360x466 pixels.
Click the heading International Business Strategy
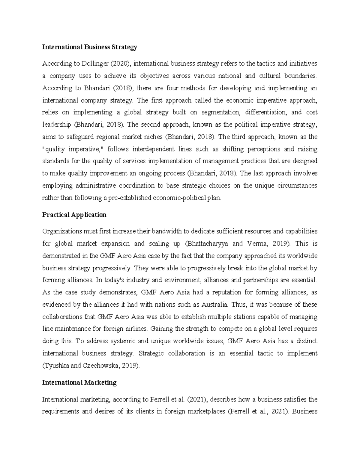tap(89, 47)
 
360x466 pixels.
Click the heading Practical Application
tap(74, 215)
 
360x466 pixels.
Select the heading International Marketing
tap(79, 382)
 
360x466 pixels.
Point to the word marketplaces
tap(206, 411)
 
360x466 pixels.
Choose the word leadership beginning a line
tap(56, 125)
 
